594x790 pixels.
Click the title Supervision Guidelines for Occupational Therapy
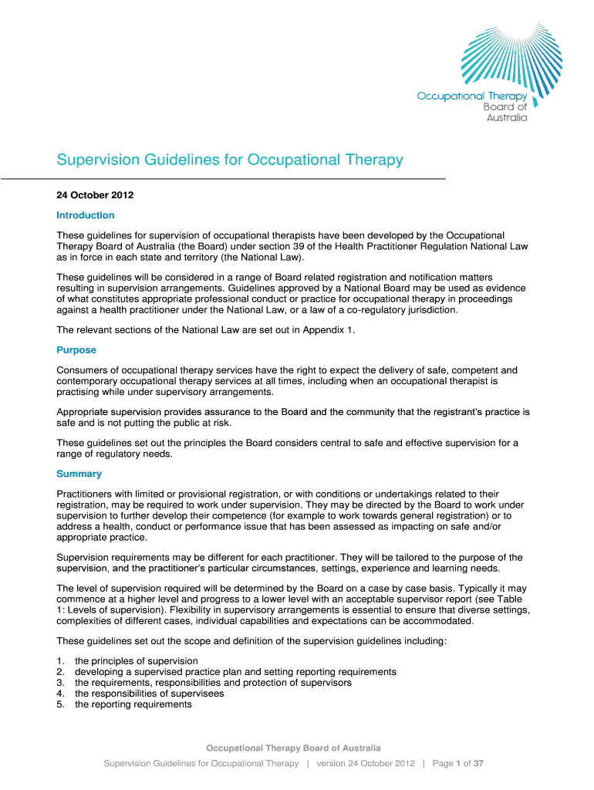(x=230, y=160)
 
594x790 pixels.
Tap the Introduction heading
(x=85, y=215)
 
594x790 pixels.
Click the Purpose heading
(x=76, y=350)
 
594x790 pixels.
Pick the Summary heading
(x=79, y=474)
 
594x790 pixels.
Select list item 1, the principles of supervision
(x=136, y=661)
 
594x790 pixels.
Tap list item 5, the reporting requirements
(x=133, y=704)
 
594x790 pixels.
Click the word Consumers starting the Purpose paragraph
(x=82, y=370)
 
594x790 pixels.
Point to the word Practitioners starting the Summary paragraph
(x=85, y=494)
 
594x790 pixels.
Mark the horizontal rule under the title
(x=224, y=179)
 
